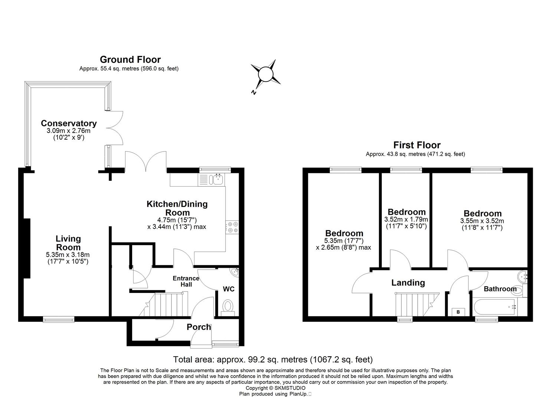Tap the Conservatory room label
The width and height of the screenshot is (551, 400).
69,123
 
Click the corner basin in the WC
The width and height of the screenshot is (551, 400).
235,273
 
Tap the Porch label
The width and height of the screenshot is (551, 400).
199,327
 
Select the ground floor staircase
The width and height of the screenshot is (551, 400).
169,304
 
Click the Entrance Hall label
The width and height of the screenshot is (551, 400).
186,281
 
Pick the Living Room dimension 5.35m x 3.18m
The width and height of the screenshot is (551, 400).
68,255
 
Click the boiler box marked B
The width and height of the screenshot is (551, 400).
458,312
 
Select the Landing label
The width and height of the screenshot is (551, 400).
408,283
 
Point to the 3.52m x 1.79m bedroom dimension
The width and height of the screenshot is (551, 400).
406,219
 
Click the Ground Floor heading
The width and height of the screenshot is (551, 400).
130,60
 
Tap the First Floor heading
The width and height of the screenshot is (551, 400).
417,145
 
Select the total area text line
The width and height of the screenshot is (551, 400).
273,359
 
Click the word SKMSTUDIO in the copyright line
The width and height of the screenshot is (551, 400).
291,388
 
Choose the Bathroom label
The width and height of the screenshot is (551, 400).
500,289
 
